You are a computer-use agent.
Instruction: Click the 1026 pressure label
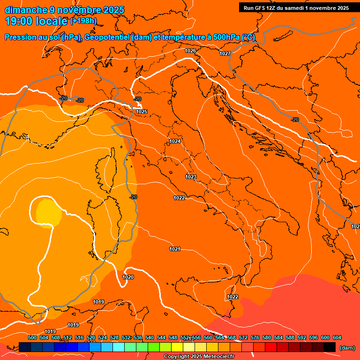190,51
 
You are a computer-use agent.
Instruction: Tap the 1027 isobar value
225,53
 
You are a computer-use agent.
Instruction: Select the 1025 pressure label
142,112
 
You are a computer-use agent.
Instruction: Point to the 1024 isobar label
175,141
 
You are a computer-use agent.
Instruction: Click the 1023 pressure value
191,177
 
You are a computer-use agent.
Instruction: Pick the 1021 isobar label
175,249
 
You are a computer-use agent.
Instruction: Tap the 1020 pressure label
128,277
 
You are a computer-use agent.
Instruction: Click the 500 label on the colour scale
32,337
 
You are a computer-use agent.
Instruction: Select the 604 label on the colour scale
337,337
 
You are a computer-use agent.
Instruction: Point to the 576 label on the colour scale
255,337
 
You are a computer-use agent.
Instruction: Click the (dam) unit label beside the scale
347,347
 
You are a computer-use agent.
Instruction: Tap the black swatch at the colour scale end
330,347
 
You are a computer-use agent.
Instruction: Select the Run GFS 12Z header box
296,8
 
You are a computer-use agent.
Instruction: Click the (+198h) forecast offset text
83,21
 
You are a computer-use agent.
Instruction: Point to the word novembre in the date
77,10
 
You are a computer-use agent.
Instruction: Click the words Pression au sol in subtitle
32,37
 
